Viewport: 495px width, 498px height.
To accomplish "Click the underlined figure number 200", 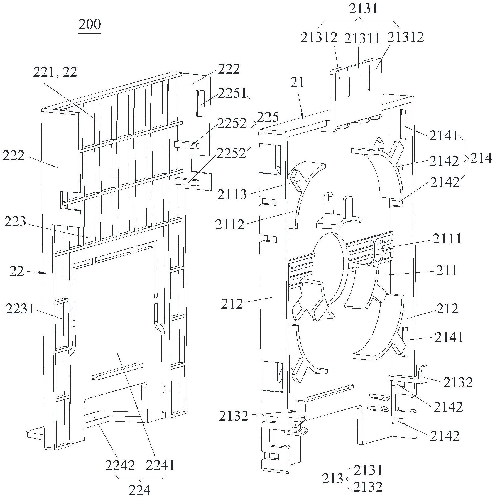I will (x=89, y=25).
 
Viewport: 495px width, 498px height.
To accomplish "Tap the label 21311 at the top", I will (x=362, y=39).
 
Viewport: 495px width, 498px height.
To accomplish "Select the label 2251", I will (x=232, y=94).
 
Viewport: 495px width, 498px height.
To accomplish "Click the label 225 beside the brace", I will (x=268, y=117).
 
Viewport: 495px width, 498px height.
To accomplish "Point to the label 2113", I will (x=232, y=194).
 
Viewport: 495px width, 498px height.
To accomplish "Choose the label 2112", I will (x=230, y=224).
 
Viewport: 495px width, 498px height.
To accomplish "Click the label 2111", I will (x=447, y=239).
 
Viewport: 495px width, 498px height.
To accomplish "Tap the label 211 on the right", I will (x=447, y=270).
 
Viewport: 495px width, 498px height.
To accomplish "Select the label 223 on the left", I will (x=15, y=222).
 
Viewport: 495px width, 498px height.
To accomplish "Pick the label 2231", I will (x=19, y=309).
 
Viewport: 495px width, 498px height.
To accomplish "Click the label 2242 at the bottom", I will (x=120, y=465).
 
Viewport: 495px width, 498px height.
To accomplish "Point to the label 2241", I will (x=160, y=465).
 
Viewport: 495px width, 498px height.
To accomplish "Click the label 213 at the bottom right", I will (x=332, y=479).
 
